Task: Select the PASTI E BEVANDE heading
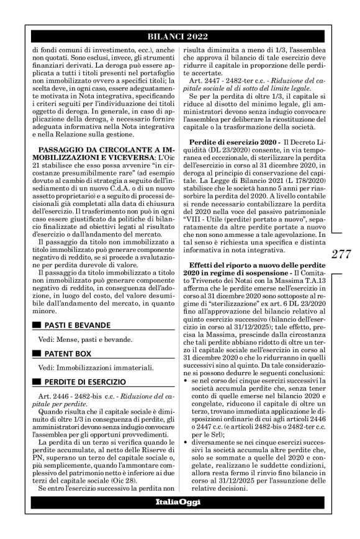click(79, 324)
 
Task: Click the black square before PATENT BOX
click(38, 354)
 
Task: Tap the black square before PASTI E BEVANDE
click(38, 324)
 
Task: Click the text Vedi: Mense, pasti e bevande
click(84, 340)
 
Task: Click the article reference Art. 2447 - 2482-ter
click(226, 82)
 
